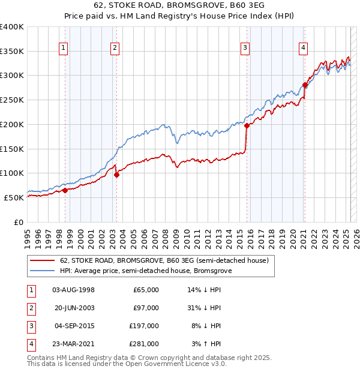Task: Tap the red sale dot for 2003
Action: point(116,175)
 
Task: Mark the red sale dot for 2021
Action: point(305,85)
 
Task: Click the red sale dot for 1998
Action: point(65,190)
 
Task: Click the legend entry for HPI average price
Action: point(146,271)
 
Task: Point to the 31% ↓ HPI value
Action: point(205,308)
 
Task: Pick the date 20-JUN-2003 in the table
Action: point(74,308)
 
